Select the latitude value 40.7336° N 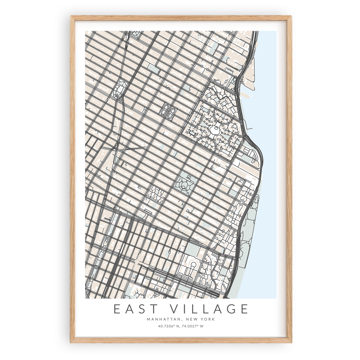pos(168,326)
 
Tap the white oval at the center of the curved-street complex pos(214,130)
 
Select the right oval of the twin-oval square pos(171,112)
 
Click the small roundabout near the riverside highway pos(241,202)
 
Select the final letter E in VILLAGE pos(245,309)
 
